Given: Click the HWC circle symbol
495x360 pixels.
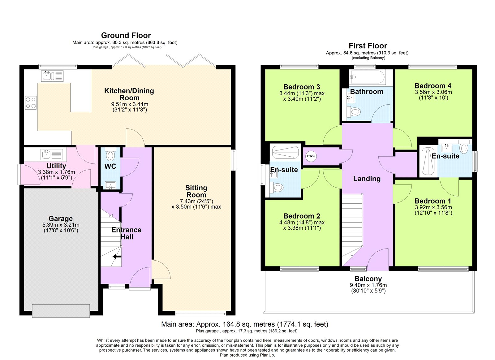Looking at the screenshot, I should click(311, 156).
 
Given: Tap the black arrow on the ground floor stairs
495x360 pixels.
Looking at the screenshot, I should click(117, 256).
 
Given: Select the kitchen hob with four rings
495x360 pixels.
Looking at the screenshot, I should click(31, 103).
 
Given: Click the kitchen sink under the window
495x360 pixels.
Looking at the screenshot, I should click(52, 76).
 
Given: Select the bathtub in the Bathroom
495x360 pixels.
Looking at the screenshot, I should click(367, 77).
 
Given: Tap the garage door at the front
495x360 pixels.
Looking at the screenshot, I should click(61, 310).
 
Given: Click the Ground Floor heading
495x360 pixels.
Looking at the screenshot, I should click(126, 35).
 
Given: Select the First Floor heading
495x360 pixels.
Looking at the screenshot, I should click(368, 46).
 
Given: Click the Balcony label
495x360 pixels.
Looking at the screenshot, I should click(368, 279).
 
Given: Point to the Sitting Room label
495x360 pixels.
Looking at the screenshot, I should click(196, 191).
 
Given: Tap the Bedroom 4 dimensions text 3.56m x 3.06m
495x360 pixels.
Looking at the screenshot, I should click(433, 92).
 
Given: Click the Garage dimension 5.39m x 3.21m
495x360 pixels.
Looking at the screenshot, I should click(61, 225).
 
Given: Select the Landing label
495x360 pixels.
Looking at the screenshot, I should click(367, 179).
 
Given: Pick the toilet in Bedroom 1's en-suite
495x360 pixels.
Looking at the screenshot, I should click(464, 148).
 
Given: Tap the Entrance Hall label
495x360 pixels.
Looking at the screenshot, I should click(127, 233).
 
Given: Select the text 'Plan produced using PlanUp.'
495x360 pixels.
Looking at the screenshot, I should click(247, 355).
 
